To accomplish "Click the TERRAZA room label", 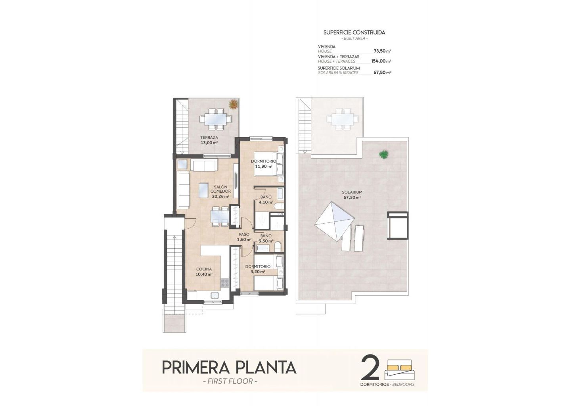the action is click(x=209, y=138).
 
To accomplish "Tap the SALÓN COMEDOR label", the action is click(x=220, y=189).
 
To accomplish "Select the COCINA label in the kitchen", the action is click(x=204, y=269).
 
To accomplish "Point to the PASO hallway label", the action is click(x=244, y=234).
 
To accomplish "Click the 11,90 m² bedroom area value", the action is click(x=264, y=167).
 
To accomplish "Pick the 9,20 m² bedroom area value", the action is click(x=258, y=272).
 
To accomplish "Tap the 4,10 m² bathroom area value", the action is click(x=266, y=202).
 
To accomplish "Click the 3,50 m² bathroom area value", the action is click(x=266, y=241).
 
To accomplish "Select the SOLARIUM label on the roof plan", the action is click(x=352, y=192).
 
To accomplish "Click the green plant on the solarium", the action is click(x=384, y=155).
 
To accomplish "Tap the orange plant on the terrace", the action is click(x=233, y=104).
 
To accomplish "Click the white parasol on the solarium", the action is click(x=334, y=222).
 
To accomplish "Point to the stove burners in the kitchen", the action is click(x=225, y=283).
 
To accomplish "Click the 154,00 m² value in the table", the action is click(x=381, y=61).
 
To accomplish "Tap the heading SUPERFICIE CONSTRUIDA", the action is click(x=354, y=33).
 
